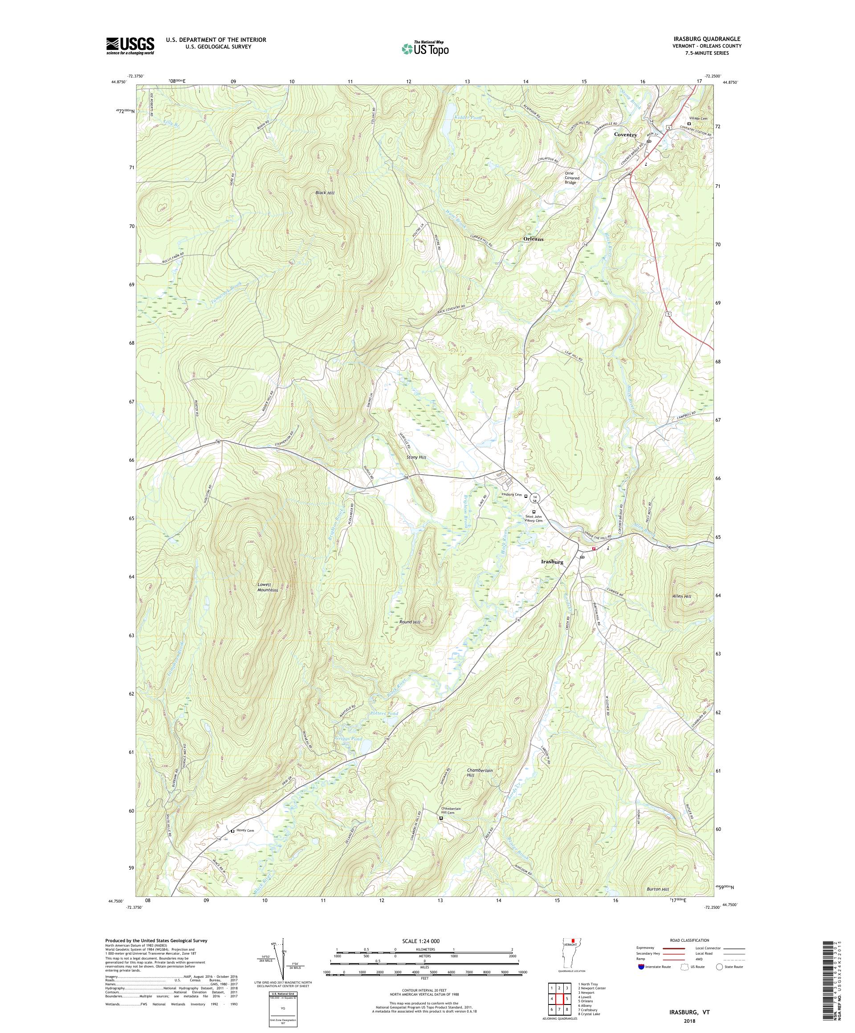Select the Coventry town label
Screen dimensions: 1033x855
tap(625, 135)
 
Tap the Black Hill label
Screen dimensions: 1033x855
tap(325, 193)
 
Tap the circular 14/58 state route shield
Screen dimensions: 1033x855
tap(535, 498)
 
